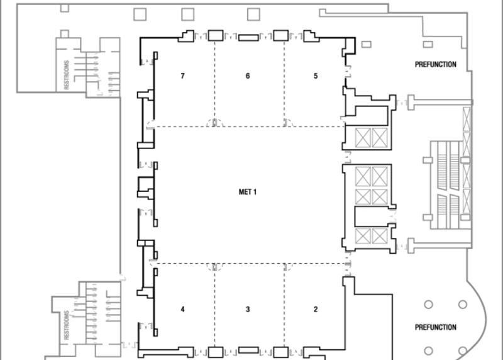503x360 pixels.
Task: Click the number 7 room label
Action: [182, 76]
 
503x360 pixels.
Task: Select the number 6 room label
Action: [248, 76]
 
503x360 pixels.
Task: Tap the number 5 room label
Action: [316, 76]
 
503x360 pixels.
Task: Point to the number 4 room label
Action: [182, 309]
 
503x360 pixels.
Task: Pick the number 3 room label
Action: [248, 309]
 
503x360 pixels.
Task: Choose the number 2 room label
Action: [316, 309]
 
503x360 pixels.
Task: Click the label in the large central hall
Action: [248, 192]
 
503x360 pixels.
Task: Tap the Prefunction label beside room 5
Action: [435, 65]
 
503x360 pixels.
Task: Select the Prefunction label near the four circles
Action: [435, 327]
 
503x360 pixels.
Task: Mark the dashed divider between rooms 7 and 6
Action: [216, 82]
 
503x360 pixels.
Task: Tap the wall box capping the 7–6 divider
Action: [216, 35]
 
